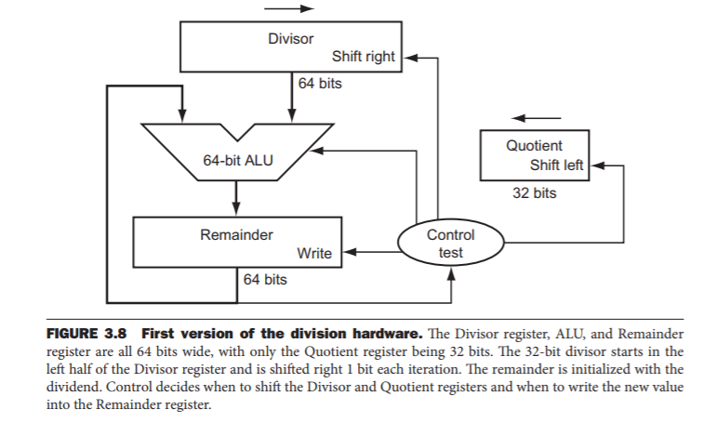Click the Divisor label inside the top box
(290, 39)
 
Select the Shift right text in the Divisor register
(363, 57)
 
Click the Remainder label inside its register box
(237, 235)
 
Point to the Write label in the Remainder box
(313, 253)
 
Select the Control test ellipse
(450, 244)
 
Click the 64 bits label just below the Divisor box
(319, 84)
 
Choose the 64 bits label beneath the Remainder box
(264, 279)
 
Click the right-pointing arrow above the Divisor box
(288, 9)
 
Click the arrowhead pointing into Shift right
(405, 57)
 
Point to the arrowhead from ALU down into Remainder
(237, 211)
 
